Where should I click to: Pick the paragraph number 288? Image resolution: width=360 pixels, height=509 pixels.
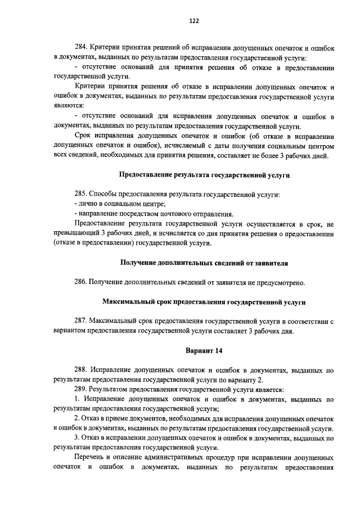coord(81,371)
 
